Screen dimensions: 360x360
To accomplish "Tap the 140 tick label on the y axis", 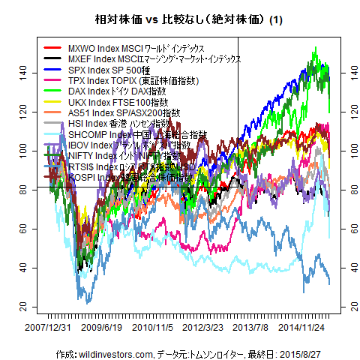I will (x=22, y=71).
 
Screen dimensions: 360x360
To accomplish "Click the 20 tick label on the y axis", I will (x=22, y=307).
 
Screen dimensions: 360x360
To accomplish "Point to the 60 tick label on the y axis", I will (x=22, y=228).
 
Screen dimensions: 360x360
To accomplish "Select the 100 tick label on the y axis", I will (x=22, y=150).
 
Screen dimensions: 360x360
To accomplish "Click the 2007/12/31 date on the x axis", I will (x=48, y=328).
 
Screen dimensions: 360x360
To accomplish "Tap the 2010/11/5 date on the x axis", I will (x=154, y=328).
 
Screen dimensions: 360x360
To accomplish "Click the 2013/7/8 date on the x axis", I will (x=253, y=328).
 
